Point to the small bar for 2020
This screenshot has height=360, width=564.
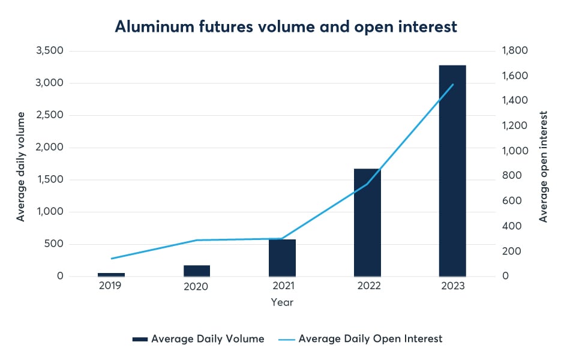(x=197, y=271)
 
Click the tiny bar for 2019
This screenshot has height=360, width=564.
(x=112, y=275)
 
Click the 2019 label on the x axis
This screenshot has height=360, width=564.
(x=110, y=286)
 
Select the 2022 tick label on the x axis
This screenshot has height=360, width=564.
(x=367, y=286)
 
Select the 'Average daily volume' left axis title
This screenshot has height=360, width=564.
(x=21, y=166)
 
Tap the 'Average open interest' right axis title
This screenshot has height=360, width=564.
(x=544, y=166)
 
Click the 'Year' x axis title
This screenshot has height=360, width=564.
(x=282, y=302)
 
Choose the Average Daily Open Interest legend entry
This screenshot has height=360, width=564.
(x=361, y=339)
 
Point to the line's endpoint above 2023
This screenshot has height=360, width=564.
(x=453, y=85)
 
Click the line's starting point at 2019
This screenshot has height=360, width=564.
(x=112, y=259)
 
